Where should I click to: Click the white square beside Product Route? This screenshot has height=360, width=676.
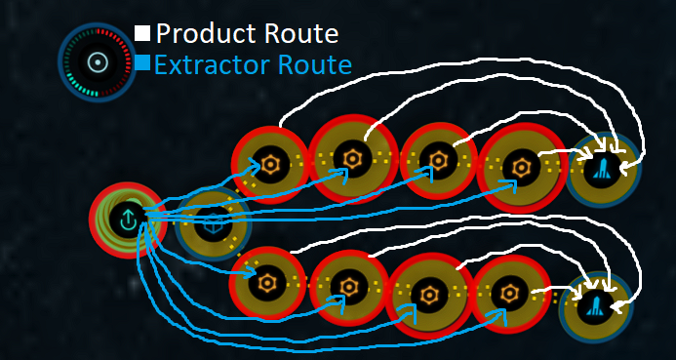click(143, 34)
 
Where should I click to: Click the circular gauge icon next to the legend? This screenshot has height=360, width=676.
click(95, 62)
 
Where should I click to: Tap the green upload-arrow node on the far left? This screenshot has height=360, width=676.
click(127, 220)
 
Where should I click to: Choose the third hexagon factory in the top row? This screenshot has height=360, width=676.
click(438, 161)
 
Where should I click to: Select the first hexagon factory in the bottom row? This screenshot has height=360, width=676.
click(269, 284)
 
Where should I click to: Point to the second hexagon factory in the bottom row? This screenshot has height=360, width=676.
click(348, 287)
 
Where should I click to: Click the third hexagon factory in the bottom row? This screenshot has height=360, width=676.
click(427, 294)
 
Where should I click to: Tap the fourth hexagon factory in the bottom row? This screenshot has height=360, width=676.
click(507, 292)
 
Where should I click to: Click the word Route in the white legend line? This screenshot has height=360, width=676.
click(295, 34)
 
